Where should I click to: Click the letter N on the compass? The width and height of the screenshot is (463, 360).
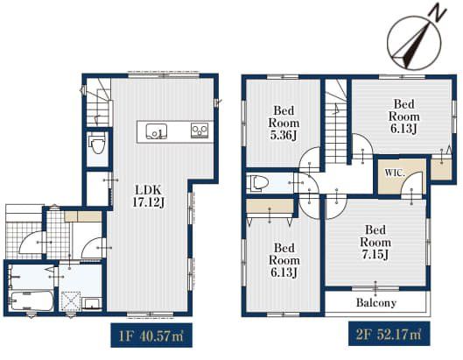coord(438,13)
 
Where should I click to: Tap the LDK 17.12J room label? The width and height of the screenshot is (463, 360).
coord(149,195)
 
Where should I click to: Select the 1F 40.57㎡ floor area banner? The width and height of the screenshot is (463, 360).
coord(151,335)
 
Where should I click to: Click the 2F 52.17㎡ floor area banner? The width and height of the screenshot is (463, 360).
coord(389,334)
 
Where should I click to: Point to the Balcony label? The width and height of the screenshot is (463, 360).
coord(375,302)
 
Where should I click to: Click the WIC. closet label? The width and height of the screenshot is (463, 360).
coord(394,173)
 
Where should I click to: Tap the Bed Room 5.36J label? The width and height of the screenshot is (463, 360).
coord(284,123)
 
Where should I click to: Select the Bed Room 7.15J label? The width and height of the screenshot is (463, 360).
coord(375,242)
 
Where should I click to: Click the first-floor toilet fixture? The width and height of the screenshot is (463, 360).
coord(98,143)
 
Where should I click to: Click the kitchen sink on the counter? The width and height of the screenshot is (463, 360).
coord(156,131)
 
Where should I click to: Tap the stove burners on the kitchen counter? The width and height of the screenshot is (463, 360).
coord(200,131)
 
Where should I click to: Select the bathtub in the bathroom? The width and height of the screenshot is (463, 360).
coord(31,301)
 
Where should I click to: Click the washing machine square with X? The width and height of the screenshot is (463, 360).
coord(71,301)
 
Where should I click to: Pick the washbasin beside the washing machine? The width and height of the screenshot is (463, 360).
coord(91,303)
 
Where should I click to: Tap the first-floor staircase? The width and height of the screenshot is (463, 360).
coord(99,102)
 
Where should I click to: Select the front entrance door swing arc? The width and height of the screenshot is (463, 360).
coord(30,242)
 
